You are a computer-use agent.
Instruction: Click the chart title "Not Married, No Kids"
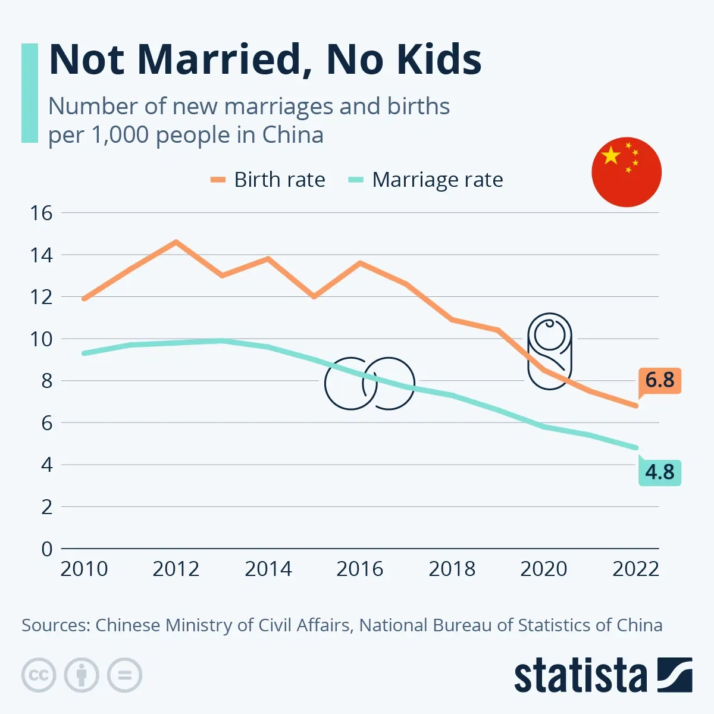[265, 59]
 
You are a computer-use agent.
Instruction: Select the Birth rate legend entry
[268, 180]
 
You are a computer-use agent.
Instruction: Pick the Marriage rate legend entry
[426, 180]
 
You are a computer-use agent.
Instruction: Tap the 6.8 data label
[659, 380]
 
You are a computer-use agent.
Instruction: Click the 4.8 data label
[659, 472]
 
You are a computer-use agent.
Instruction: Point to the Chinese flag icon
[627, 172]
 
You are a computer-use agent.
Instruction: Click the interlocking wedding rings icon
[369, 384]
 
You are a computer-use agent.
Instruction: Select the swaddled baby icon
[549, 351]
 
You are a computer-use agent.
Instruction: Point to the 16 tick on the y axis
[41, 213]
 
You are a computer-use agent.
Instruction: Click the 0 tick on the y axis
[47, 549]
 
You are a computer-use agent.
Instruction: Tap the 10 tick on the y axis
[41, 339]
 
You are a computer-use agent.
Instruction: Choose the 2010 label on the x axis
[84, 569]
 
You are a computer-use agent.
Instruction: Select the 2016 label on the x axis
[360, 569]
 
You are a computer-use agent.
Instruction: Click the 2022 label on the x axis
[635, 569]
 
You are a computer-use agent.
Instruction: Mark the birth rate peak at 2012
[176, 242]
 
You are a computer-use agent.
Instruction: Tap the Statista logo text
[580, 676]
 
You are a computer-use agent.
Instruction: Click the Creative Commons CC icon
[39, 675]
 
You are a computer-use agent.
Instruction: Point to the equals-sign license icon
[124, 675]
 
